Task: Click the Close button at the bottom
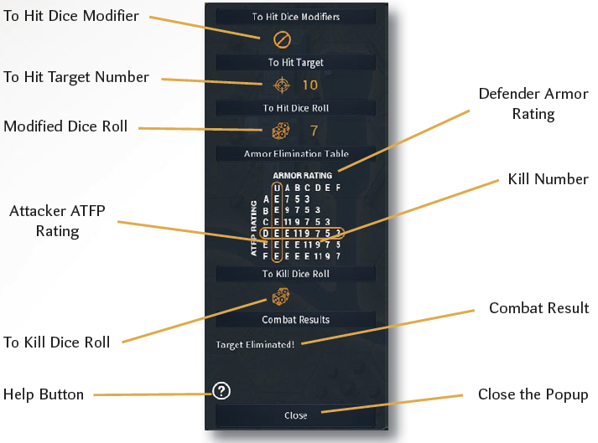(x=295, y=415)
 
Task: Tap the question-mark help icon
(x=222, y=389)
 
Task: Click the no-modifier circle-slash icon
(x=283, y=39)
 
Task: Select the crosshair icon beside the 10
(x=283, y=85)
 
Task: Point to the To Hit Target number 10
(x=309, y=85)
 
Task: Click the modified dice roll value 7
(x=314, y=131)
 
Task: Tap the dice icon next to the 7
(x=282, y=131)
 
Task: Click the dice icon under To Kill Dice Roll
(x=281, y=296)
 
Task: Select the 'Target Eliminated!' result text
(x=255, y=344)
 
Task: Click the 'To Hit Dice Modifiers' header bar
(x=295, y=17)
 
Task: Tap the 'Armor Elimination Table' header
(x=295, y=154)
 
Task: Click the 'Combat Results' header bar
(x=295, y=320)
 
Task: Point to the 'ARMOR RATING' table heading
(x=302, y=175)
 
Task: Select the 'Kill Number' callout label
(x=548, y=179)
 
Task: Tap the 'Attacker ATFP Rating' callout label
(x=58, y=221)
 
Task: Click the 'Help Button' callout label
(x=44, y=394)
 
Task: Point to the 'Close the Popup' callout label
(x=533, y=394)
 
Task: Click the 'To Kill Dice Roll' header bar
(x=295, y=274)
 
